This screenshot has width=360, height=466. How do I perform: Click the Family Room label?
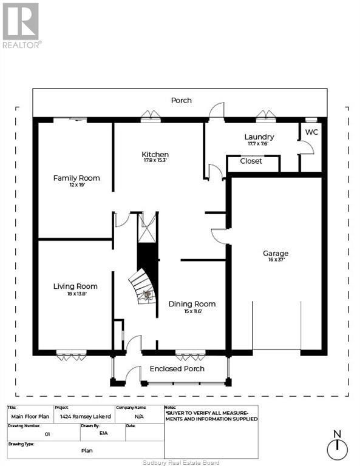click(x=76, y=178)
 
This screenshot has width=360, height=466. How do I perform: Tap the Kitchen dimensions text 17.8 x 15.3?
click(x=155, y=161)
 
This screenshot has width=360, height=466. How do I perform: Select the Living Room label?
click(x=75, y=286)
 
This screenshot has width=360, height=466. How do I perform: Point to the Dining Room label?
click(x=192, y=304)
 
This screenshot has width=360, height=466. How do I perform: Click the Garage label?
click(x=275, y=253)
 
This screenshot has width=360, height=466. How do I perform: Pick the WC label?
click(x=311, y=132)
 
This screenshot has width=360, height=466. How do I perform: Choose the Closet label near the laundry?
click(x=251, y=161)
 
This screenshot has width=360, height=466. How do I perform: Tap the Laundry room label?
click(x=259, y=137)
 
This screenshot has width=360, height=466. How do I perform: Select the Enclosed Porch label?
click(x=177, y=368)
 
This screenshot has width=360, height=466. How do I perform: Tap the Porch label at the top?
click(x=181, y=100)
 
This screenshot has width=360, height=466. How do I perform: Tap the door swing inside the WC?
click(x=307, y=147)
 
